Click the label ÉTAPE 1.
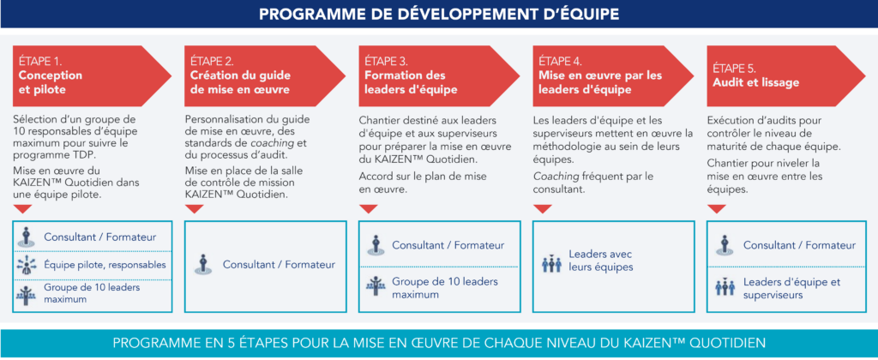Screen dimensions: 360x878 (x=39, y=62)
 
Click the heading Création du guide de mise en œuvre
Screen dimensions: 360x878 (x=240, y=82)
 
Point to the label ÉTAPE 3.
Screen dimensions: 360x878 (x=387, y=62)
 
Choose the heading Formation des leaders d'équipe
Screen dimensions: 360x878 (x=411, y=82)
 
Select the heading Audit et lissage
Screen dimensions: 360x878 (x=755, y=83)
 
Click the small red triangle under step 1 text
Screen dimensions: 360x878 (x=23, y=208)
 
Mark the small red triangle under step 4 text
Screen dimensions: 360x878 (x=542, y=208)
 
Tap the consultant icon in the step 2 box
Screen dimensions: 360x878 (x=202, y=264)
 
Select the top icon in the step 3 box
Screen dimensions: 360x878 (x=376, y=245)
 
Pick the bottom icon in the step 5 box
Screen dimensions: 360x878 (x=724, y=285)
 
